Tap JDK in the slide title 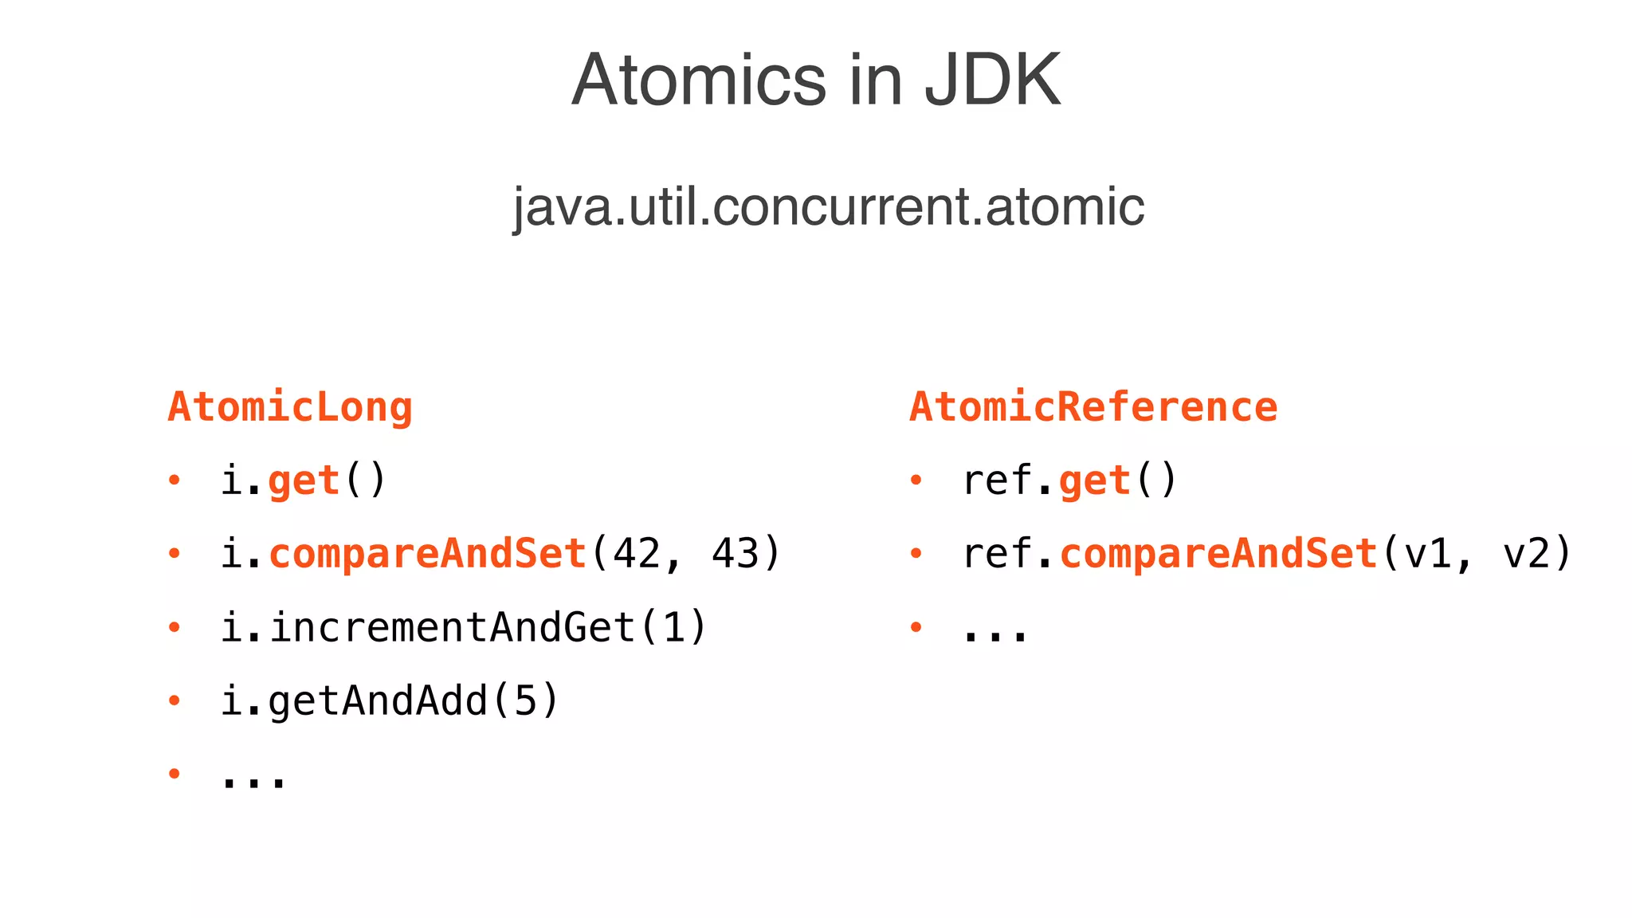(992, 80)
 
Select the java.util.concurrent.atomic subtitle (828, 206)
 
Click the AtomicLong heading (290, 407)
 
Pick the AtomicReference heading (1093, 407)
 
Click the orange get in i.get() (304, 481)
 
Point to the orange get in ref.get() (1095, 481)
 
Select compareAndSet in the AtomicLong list (428, 554)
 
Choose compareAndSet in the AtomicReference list (1219, 554)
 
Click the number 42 (637, 554)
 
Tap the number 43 (736, 554)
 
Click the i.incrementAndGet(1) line (463, 627)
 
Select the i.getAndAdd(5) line (390, 701)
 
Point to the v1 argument (1428, 554)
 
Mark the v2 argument (1526, 554)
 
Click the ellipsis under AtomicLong (253, 781)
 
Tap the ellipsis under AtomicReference (995, 634)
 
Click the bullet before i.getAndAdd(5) (175, 700)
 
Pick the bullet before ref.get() (916, 480)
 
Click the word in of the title (875, 80)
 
